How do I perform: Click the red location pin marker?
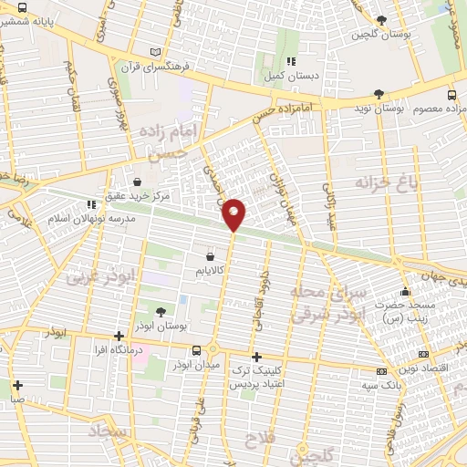coord(233,214)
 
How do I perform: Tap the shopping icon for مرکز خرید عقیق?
coord(137,182)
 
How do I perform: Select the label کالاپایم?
coord(211,271)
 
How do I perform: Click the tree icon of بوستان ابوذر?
coord(160,312)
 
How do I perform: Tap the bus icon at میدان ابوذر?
coord(195,350)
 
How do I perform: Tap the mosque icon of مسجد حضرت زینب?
coord(405,291)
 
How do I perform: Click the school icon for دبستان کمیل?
coord(289,62)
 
